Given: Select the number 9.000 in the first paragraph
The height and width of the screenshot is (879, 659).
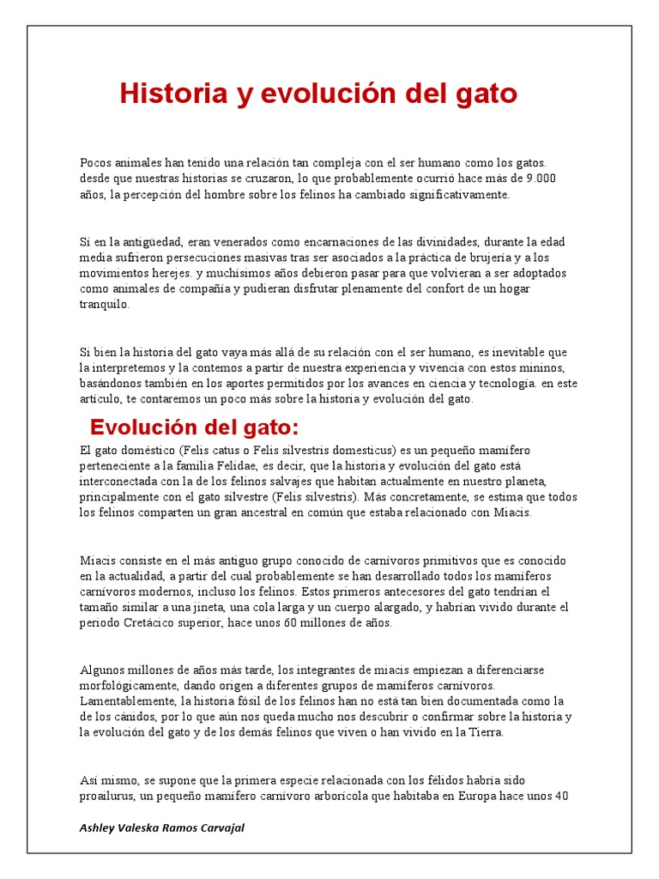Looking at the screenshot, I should [x=541, y=179].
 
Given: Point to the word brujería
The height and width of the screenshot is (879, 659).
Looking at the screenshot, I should [x=486, y=258].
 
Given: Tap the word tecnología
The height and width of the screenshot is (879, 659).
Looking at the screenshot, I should [x=488, y=384].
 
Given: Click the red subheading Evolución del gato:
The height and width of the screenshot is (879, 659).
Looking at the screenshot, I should [x=194, y=427].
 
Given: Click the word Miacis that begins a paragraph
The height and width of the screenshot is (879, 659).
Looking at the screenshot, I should [x=97, y=561].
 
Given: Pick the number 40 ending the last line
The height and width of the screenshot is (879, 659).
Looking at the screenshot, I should [x=562, y=795].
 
